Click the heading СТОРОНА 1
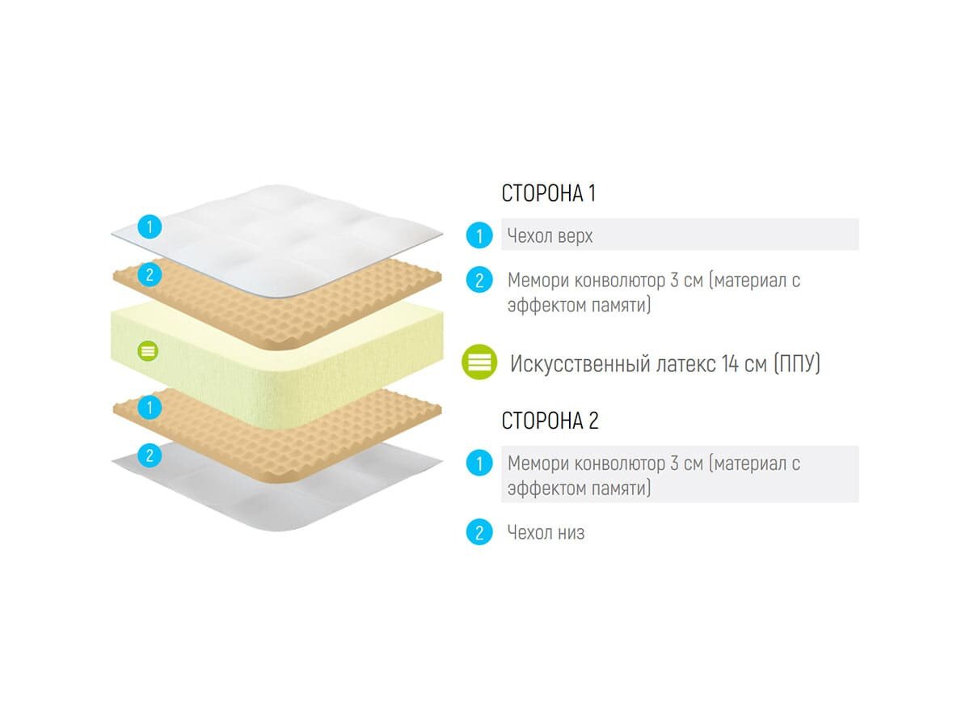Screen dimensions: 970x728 coord(549,194)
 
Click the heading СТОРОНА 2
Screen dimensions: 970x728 coord(550,421)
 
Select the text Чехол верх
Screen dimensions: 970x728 coord(550,236)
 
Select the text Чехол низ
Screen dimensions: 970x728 coord(546,533)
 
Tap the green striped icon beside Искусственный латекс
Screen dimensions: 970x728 coord(480,363)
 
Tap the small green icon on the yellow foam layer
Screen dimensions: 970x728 coord(148,351)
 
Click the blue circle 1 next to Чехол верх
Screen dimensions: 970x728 coord(479,236)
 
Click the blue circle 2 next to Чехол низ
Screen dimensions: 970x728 coord(479,533)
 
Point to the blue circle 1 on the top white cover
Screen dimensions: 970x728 coord(149,226)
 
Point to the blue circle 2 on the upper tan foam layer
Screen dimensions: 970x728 coord(149,275)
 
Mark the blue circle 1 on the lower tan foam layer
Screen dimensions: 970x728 coord(149,407)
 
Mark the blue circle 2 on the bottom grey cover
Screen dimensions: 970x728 coord(149,455)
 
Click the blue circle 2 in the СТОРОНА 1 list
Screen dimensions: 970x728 coord(479,281)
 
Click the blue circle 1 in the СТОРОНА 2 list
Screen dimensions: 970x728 coord(479,464)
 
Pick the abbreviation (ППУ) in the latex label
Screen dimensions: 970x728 coord(796,364)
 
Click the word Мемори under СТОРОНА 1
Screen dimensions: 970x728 coord(538,281)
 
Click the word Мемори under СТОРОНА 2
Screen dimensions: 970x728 coord(538,464)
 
